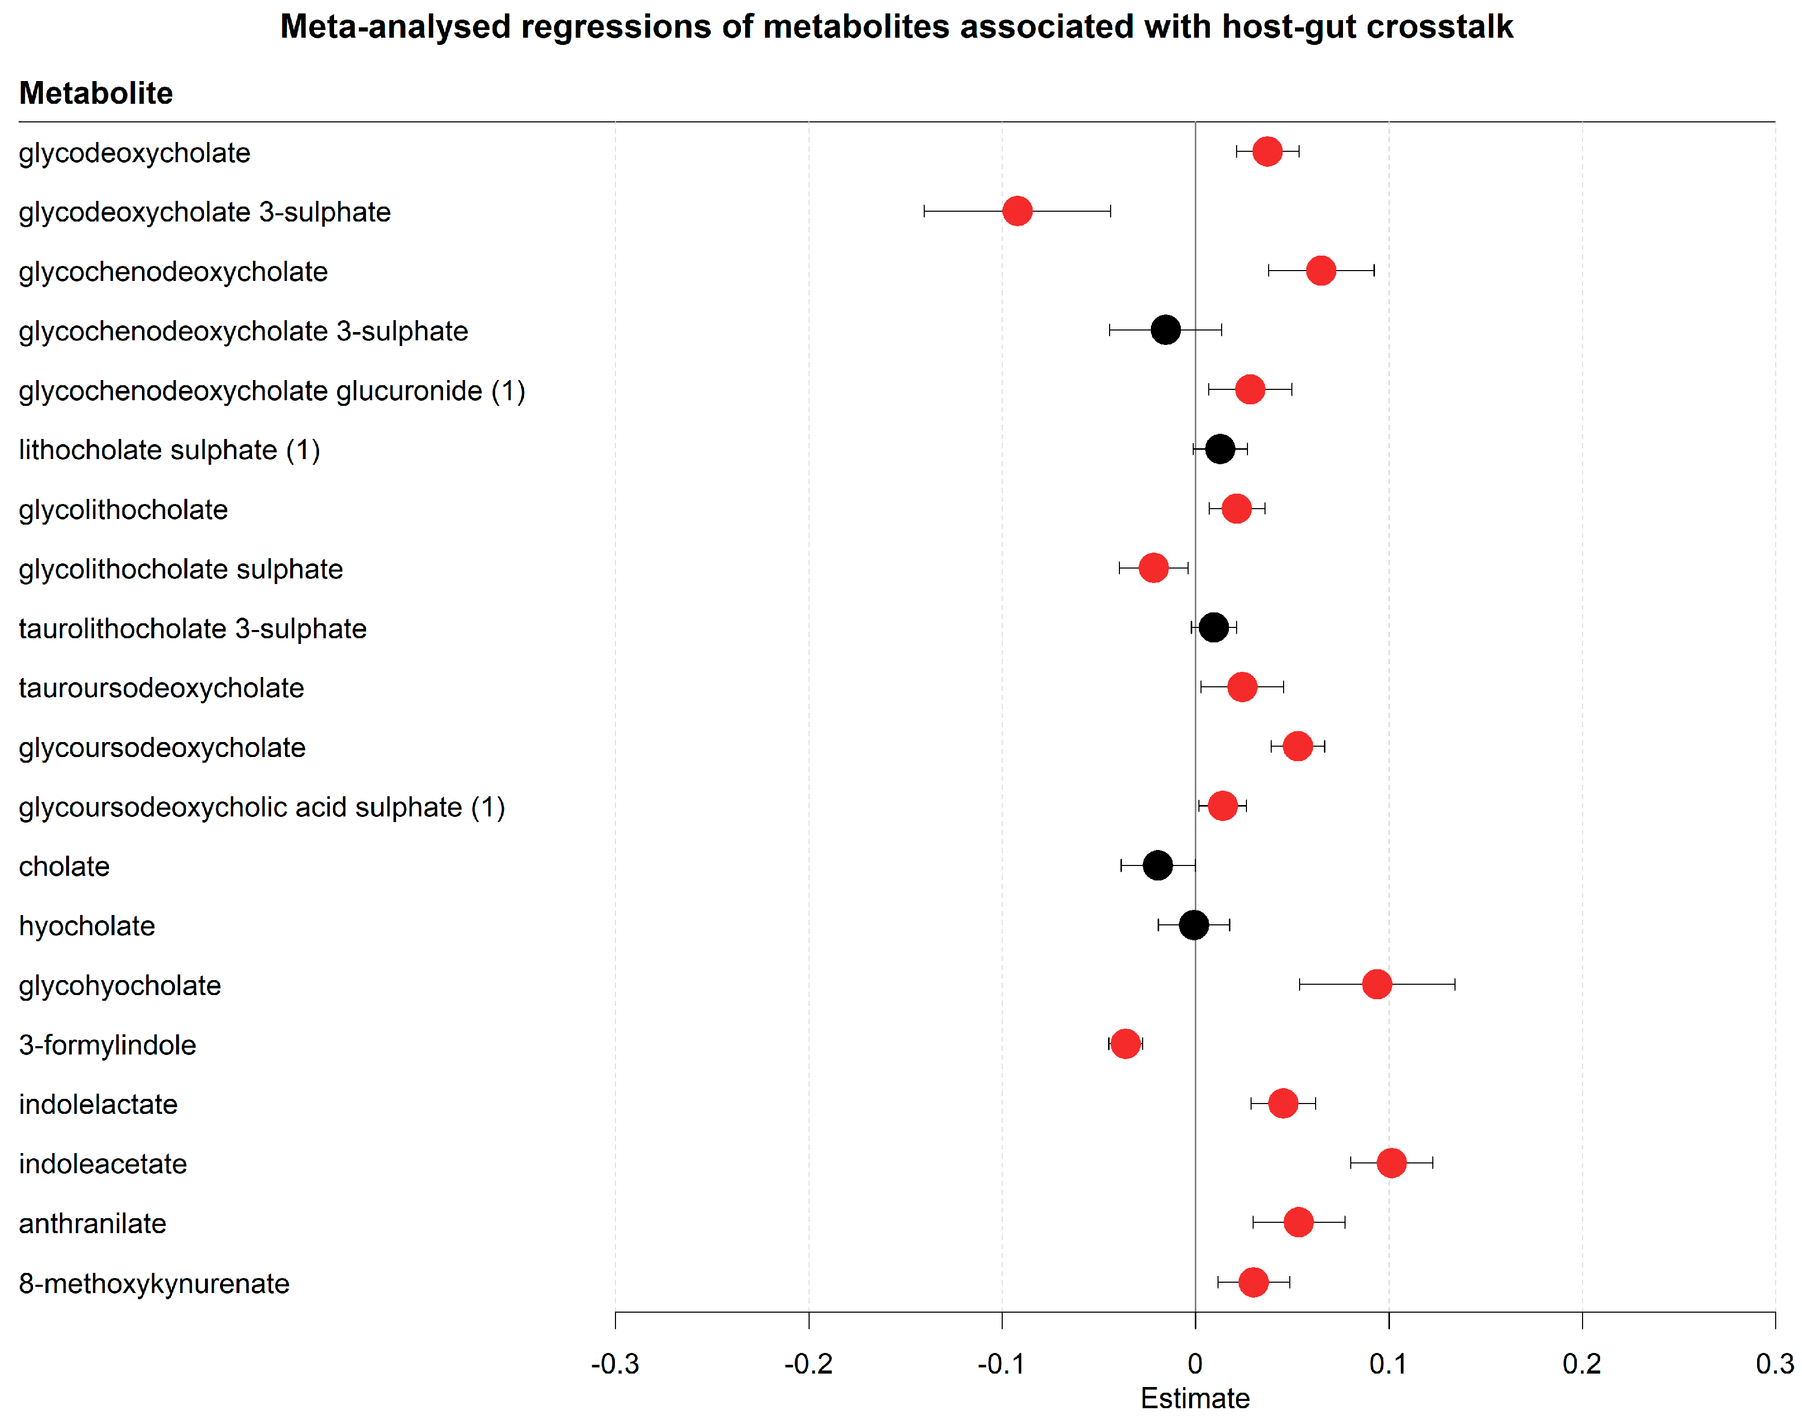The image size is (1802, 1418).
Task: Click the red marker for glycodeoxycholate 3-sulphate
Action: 1017,211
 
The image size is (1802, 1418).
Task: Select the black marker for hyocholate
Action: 1194,924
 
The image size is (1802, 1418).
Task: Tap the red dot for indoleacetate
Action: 1391,1162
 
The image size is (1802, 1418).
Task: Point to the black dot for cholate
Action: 1158,865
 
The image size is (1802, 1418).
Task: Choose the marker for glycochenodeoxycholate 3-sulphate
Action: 1165,329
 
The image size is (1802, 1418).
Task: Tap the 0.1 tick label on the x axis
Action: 1388,1363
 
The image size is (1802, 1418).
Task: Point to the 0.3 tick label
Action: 1775,1363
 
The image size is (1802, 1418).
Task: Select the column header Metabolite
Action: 96,93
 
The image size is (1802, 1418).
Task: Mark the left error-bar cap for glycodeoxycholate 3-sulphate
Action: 924,211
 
